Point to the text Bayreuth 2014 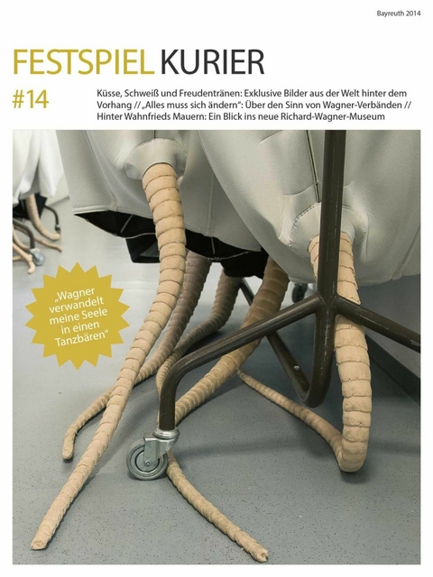398,14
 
